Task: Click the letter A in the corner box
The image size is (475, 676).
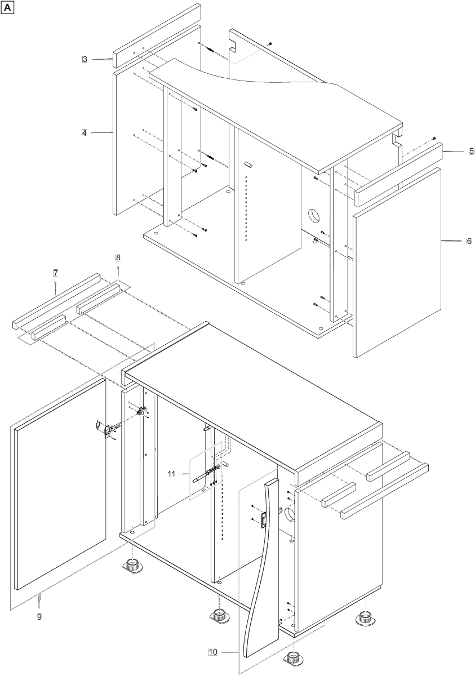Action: click(x=7, y=8)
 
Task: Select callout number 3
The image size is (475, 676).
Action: click(x=85, y=59)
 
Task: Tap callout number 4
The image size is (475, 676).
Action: click(x=84, y=132)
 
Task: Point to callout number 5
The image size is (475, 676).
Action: click(x=472, y=151)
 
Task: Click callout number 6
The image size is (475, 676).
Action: click(x=469, y=241)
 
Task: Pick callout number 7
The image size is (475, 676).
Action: click(x=56, y=273)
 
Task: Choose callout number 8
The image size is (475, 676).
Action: click(x=118, y=257)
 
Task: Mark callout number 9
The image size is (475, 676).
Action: click(x=39, y=616)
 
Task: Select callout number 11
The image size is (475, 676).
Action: click(x=171, y=474)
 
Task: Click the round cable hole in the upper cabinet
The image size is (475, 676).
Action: click(x=313, y=215)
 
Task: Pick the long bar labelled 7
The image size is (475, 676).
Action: click(x=56, y=301)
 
